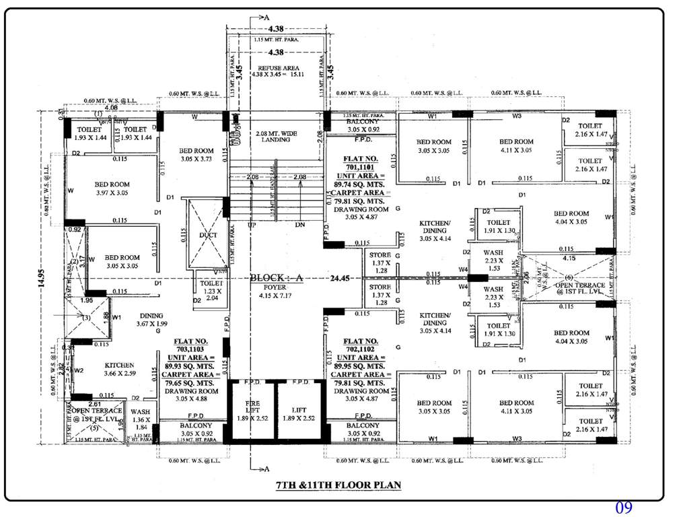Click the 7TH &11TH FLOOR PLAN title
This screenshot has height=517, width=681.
[339, 485]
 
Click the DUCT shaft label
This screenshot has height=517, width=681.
[207, 235]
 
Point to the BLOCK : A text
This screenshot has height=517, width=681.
[277, 278]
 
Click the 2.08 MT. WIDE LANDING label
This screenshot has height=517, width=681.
[277, 139]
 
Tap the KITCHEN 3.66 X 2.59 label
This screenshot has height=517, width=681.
[120, 369]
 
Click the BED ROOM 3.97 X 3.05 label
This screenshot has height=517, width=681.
[112, 188]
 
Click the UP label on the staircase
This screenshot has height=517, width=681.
[252, 224]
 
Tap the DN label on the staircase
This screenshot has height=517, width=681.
[300, 224]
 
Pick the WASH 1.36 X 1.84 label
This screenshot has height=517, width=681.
[141, 419]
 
